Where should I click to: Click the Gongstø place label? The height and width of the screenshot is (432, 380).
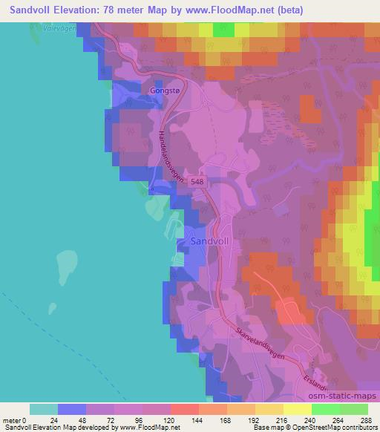coord(166,90)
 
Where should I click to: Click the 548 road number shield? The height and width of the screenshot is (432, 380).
coord(197,180)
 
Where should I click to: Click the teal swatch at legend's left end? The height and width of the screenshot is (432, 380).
coord(43,409)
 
